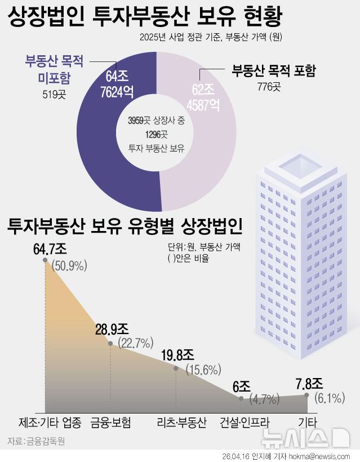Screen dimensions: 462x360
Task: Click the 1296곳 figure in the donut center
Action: click(156, 134)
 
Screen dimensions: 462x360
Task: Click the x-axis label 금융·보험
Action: click(110, 423)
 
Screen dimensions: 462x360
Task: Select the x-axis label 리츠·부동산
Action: click(182, 423)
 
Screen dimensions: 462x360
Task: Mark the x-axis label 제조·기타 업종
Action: click(50, 423)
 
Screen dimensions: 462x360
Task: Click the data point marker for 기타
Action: click(307, 395)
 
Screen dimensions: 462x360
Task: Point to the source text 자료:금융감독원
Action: click(36, 441)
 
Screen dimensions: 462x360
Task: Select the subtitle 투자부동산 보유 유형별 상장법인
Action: click(125, 226)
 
